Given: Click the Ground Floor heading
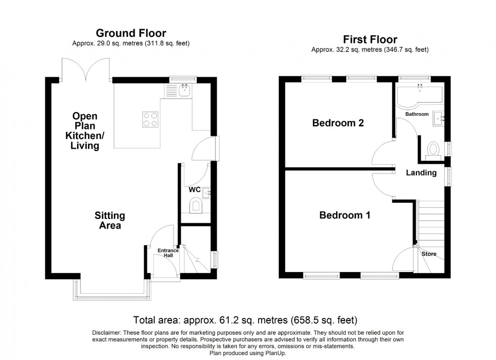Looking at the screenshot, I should tap(131, 34).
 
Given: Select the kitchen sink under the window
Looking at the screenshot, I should tap(184, 91).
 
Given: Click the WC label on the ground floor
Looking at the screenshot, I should tap(195, 190).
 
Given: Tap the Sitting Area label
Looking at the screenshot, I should tap(110, 220).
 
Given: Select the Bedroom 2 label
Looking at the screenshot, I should tap(338, 123).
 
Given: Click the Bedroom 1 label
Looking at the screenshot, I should tap(345, 215).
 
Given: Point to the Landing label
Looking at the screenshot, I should tap(421, 172).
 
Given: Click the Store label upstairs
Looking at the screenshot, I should tap(429, 254).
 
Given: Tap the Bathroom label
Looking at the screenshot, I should tap(417, 114).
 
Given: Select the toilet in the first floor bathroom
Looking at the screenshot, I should tap(433, 149).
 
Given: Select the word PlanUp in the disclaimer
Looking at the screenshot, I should tap(277, 352).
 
